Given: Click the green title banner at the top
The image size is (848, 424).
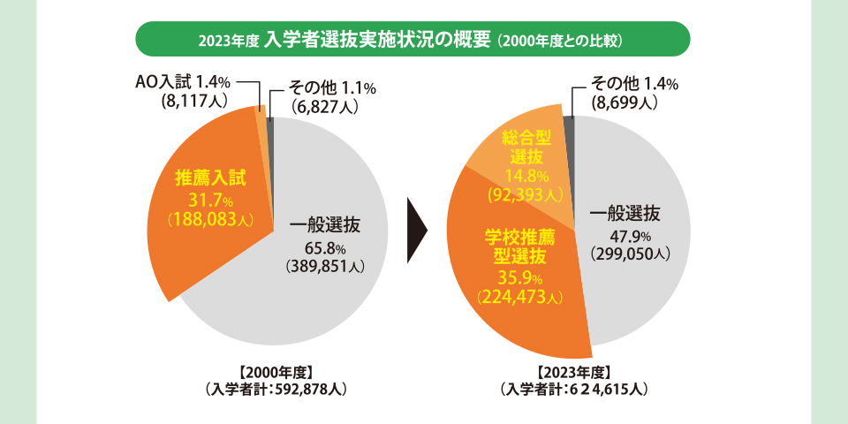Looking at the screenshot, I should click(412, 40).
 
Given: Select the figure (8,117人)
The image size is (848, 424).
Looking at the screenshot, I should click(189, 102).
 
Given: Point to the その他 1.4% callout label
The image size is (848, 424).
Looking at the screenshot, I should click(634, 85).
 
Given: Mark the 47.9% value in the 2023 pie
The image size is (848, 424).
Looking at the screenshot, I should click(631, 236).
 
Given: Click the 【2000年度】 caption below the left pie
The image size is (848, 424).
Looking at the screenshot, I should click(276, 371).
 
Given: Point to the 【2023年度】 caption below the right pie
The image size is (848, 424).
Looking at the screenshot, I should click(574, 371).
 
